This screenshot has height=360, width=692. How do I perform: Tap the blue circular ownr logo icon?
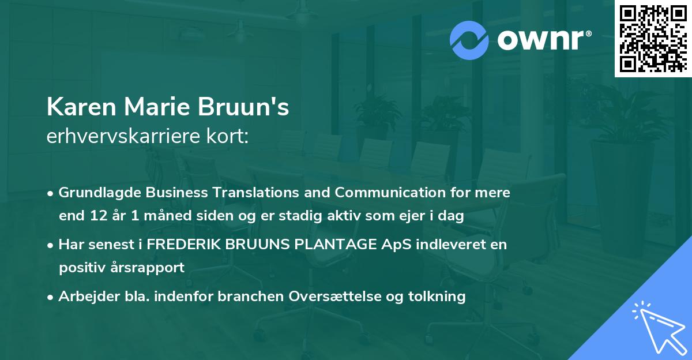click(x=469, y=40)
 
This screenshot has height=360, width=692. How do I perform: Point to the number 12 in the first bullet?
click(x=95, y=216)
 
